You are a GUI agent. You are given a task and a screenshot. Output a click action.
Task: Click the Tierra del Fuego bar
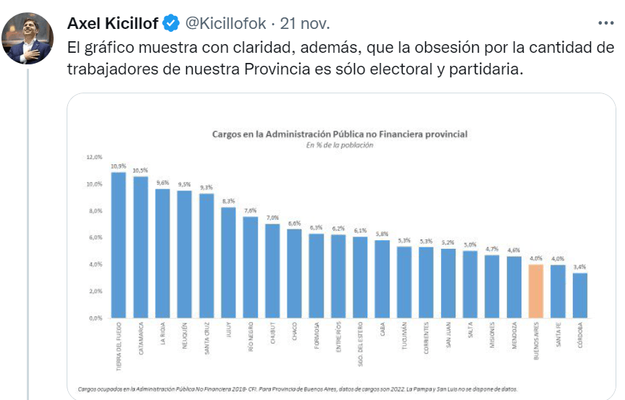[x=119, y=246]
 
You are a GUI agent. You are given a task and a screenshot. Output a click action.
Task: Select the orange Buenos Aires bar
[x=536, y=292]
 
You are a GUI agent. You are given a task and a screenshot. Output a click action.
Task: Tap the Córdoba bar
[x=580, y=295]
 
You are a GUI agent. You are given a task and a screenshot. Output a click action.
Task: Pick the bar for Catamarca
[x=140, y=248]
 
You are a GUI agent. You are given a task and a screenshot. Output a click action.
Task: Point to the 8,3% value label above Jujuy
[x=228, y=200]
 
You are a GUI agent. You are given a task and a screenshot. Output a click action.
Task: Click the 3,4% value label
[x=580, y=266]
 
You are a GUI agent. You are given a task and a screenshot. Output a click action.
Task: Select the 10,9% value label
[x=119, y=166]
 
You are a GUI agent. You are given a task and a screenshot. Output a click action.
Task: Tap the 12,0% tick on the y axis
[x=95, y=157]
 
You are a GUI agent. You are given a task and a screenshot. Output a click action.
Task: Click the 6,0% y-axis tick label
[x=95, y=237]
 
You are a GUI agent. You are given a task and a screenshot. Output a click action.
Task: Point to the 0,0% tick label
[x=95, y=318]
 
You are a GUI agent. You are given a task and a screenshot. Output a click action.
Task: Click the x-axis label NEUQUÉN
[x=185, y=337]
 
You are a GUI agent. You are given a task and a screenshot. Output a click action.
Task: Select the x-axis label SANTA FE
[x=558, y=336]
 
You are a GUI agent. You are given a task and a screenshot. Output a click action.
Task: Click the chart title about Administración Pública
[x=339, y=134]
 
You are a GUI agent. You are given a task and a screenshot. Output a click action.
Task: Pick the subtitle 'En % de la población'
[x=339, y=145]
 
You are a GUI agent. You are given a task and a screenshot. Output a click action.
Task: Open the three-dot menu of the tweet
[x=605, y=23]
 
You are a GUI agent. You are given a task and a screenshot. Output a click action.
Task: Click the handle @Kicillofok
[x=225, y=24]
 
